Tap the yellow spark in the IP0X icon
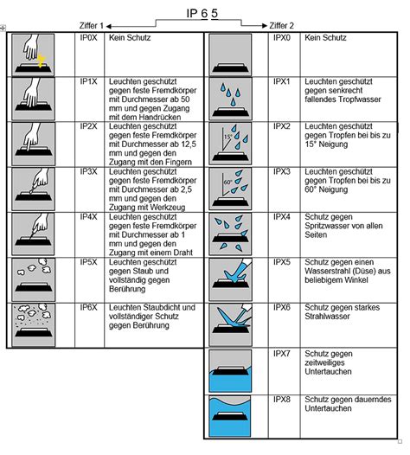coord(42,61)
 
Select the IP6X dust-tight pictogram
coord(33,324)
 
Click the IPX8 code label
coord(282,400)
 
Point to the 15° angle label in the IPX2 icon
coord(227,136)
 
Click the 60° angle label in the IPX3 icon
coord(227,183)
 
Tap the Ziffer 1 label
coord(92,26)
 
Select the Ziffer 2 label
coord(281,26)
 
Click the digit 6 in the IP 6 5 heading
coord(204,13)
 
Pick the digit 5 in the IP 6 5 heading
coord(215,13)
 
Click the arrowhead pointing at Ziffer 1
coord(109,27)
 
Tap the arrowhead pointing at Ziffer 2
coord(265,26)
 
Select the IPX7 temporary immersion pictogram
coord(230,371)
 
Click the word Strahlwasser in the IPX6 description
coord(327,317)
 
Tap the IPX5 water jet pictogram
coord(230,279)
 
